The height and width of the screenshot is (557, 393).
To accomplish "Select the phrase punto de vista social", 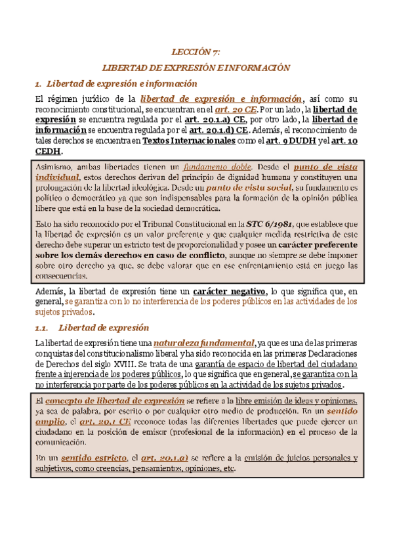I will [x=245, y=189].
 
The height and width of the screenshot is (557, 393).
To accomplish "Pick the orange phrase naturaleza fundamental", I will [x=204, y=343].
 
